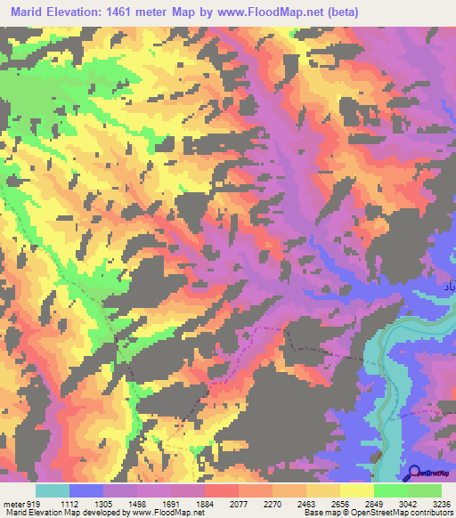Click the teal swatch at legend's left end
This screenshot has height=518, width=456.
tap(53, 490)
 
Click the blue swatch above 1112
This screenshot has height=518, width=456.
tap(86, 490)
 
